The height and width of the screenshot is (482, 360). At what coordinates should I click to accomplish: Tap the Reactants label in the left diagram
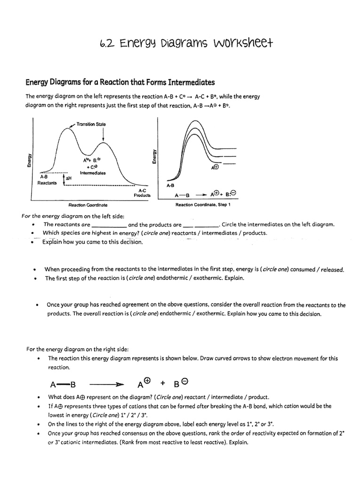[x=47, y=183]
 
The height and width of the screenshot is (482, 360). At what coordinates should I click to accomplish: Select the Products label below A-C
[x=142, y=195]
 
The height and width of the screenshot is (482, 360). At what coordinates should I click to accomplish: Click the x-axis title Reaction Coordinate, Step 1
[x=202, y=205]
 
